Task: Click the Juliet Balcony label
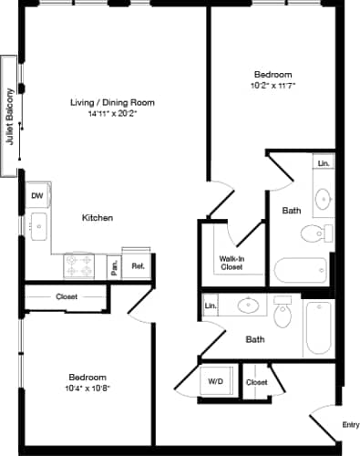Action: click(x=11, y=117)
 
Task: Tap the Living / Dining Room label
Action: click(x=110, y=101)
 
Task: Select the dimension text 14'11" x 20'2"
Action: click(x=110, y=115)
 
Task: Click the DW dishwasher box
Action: click(x=37, y=195)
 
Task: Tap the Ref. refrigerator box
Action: click(x=138, y=266)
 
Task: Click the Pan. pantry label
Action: click(x=115, y=267)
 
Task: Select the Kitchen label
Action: click(x=98, y=218)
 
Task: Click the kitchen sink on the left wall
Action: click(x=37, y=229)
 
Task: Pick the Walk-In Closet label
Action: click(x=231, y=264)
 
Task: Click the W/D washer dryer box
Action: click(x=216, y=381)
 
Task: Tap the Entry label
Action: click(x=350, y=424)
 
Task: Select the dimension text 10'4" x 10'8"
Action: click(x=87, y=388)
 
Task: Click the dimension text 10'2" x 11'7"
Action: click(x=272, y=85)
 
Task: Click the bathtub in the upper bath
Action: click(x=301, y=271)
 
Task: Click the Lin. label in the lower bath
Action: click(x=211, y=306)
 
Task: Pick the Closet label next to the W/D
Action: click(x=256, y=381)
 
